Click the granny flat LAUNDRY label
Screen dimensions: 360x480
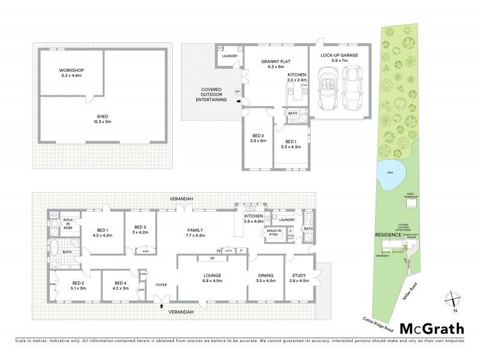click(x=230, y=56)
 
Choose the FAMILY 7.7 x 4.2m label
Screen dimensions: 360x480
click(x=195, y=233)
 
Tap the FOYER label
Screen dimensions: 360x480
click(x=161, y=284)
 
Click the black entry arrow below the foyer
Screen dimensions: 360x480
click(x=161, y=306)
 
